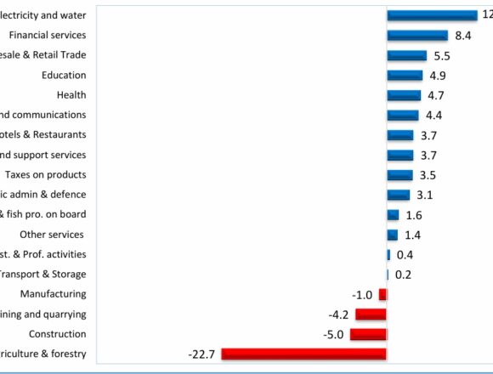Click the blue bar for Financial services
coord(416,36)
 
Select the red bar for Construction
coord(368,334)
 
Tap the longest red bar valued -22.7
coord(303,354)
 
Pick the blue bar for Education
coord(405,75)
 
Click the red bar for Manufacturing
coord(382,294)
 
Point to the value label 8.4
coord(463,36)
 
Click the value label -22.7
coord(202,354)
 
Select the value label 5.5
coord(442,55)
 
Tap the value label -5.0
coord(334,334)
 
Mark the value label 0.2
coord(404,275)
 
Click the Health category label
coord(71,95)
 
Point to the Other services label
coord(53,235)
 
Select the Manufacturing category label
coord(53,294)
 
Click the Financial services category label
coord(47,36)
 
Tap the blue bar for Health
coord(404,95)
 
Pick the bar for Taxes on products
coord(399,175)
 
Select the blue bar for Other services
coord(392,235)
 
